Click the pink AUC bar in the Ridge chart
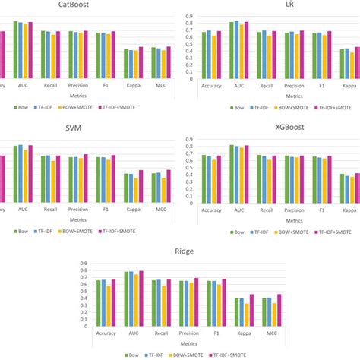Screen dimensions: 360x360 [141, 298]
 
